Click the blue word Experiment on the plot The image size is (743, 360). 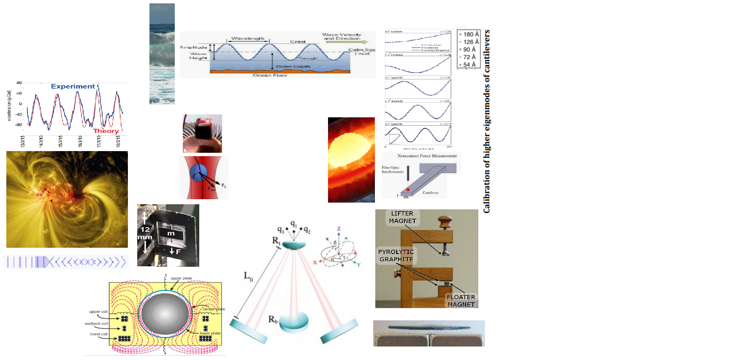click(73, 87)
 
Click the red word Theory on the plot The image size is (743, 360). click(106, 131)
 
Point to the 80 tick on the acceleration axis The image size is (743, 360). click(19, 83)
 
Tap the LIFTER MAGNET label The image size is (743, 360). click(402, 217)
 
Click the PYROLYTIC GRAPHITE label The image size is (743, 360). click(396, 255)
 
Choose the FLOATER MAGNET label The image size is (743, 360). click(461, 301)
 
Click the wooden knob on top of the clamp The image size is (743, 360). click(445, 221)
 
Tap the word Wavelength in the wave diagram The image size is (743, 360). click(248, 38)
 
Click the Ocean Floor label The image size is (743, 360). click(270, 75)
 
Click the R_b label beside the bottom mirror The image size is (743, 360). click(273, 319)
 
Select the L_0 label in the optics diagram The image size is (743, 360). click(248, 276)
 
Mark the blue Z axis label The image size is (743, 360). click(339, 229)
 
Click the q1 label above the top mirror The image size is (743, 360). click(294, 224)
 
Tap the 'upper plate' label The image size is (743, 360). click(181, 278)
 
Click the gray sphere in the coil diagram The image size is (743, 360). click(165, 314)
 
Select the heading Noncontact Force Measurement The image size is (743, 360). click(427, 156)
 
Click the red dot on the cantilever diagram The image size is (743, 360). click(408, 189)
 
